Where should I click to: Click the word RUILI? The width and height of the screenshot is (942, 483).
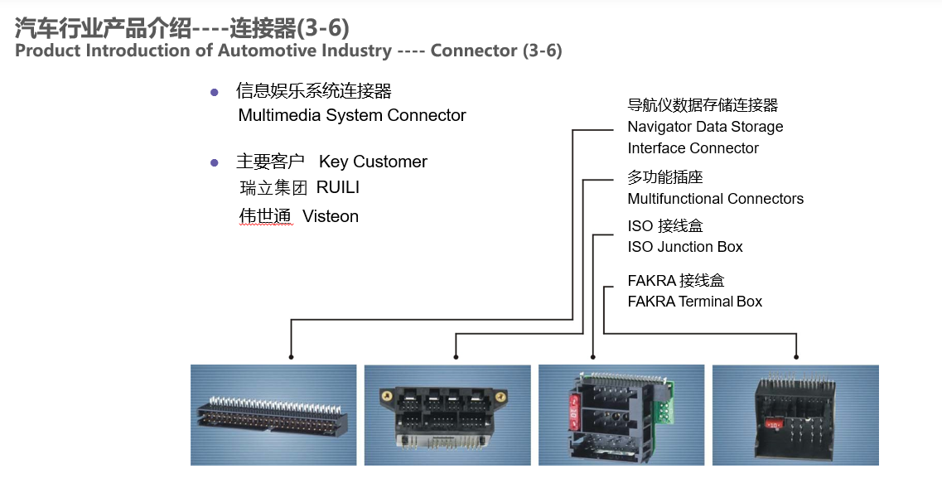(x=338, y=187)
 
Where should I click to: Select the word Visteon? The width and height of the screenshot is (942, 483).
(x=331, y=216)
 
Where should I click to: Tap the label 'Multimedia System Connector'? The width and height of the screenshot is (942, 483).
(x=352, y=115)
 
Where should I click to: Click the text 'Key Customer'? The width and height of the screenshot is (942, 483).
(x=373, y=162)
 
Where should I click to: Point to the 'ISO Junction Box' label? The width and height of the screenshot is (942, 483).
(x=685, y=247)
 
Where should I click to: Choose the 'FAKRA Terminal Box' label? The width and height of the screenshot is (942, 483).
(x=694, y=302)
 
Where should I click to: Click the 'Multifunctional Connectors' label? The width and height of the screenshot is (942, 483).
(x=716, y=199)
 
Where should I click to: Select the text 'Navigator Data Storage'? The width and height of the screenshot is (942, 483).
(x=705, y=127)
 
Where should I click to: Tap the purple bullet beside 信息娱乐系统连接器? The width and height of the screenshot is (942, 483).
(x=215, y=93)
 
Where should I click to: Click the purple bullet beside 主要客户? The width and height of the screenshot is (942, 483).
(x=215, y=163)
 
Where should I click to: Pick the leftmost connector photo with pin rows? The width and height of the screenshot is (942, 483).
(x=273, y=414)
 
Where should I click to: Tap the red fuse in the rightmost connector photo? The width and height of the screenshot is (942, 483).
(x=774, y=425)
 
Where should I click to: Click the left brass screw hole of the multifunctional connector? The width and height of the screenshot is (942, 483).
(x=386, y=397)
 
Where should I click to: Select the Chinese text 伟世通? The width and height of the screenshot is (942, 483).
(x=265, y=216)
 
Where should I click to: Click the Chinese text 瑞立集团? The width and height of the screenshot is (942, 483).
(x=273, y=188)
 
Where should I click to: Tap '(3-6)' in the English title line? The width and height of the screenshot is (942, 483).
(x=543, y=51)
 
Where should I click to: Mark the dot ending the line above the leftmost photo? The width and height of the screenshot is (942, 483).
(x=292, y=357)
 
